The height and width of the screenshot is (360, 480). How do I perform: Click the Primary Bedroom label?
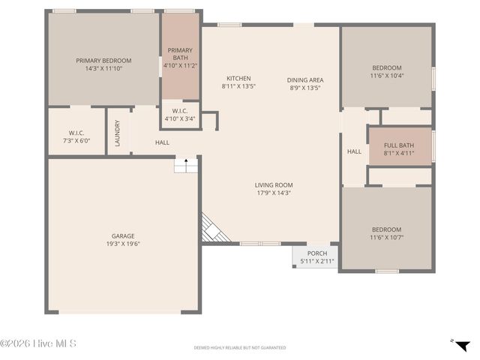(103, 61)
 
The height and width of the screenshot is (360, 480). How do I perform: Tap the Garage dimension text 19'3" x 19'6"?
(124, 244)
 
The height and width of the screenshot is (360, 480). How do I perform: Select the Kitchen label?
(238, 79)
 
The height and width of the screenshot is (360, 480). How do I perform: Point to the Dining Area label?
(305, 79)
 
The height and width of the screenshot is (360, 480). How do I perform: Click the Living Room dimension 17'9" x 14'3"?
(273, 193)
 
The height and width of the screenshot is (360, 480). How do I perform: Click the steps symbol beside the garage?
(185, 164)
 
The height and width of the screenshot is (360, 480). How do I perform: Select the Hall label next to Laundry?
(162, 142)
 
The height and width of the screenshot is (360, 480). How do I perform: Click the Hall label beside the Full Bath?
(354, 151)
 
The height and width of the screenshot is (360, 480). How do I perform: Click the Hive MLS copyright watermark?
(39, 344)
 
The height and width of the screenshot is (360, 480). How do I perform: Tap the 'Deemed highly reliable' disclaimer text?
(240, 348)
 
